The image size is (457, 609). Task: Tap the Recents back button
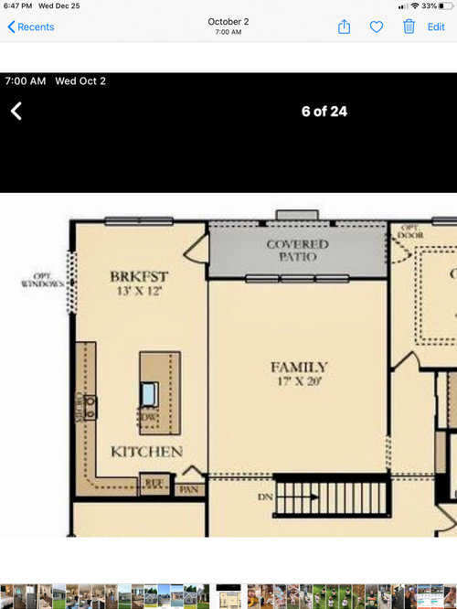(x=31, y=27)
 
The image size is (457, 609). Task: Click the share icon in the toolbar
(x=345, y=27)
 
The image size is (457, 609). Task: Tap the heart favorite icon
(x=377, y=27)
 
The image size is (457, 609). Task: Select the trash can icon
(x=409, y=27)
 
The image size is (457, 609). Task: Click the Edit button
(x=436, y=27)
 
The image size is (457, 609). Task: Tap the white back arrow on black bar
(x=16, y=112)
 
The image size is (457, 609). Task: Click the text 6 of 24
(x=324, y=112)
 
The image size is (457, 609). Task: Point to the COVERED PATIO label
(x=298, y=251)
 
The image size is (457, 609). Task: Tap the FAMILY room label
(x=299, y=368)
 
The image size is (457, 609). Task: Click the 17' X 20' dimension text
(x=299, y=382)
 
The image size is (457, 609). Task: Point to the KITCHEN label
(x=146, y=452)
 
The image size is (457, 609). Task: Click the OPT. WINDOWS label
(x=42, y=280)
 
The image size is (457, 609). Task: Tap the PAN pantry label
(x=189, y=489)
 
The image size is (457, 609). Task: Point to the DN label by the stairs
(x=265, y=497)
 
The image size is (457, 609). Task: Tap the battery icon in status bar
(x=445, y=5)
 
